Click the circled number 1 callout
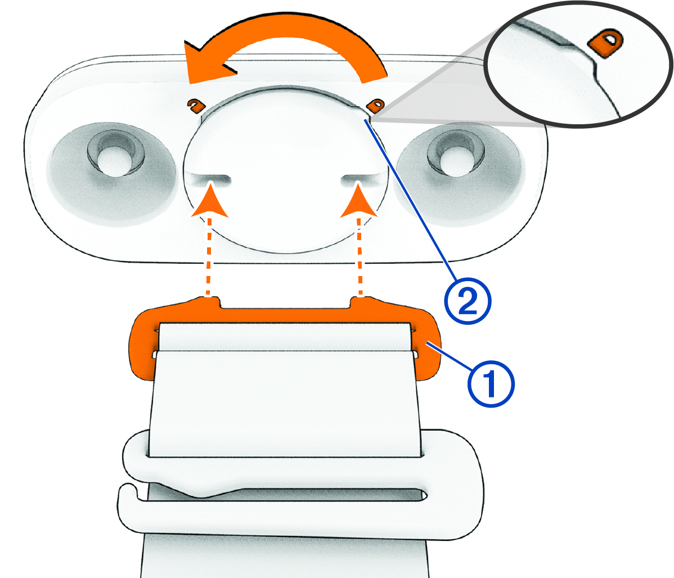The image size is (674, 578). pos(491,384)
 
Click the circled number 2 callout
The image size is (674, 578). pos(468,301)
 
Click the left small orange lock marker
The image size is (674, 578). pos(196,105)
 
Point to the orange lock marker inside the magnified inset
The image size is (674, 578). pos(606,43)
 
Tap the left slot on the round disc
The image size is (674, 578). pos(211,178)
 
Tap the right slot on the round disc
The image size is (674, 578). pos(362,178)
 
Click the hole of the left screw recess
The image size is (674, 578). pos(113,161)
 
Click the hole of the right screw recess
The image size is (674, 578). pos(454,161)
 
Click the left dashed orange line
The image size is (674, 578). pos(209,256)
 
